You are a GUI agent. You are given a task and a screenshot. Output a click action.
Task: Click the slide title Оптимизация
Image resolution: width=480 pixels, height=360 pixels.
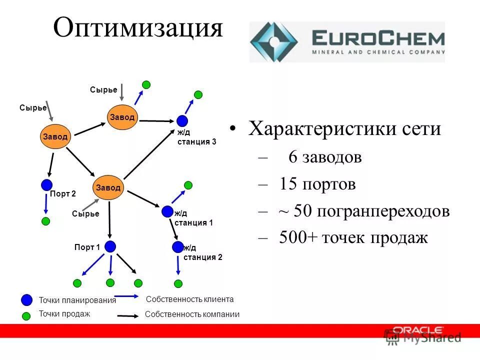(x=137, y=28)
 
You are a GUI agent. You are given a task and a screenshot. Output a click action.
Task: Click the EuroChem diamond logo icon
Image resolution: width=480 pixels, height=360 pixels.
(x=274, y=41)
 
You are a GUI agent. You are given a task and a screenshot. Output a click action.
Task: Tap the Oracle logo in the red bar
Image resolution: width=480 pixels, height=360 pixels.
(x=417, y=330)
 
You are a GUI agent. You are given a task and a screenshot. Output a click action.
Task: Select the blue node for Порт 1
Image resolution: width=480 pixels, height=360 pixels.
(x=110, y=246)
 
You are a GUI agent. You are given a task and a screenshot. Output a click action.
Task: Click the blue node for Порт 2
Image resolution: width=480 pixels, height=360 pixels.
(x=46, y=184)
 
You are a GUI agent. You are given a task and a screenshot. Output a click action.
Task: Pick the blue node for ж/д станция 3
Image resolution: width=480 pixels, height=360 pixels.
(x=182, y=120)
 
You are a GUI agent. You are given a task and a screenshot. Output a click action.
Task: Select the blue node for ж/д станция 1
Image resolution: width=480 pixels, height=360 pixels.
(x=167, y=211)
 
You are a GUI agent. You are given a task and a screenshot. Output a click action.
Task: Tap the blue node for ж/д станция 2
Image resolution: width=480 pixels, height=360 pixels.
(x=177, y=246)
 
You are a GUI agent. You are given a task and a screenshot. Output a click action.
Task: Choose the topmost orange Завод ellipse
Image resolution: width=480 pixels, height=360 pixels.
(x=122, y=117)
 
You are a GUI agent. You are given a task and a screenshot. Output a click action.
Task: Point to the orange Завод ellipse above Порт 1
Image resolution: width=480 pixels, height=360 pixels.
(x=109, y=187)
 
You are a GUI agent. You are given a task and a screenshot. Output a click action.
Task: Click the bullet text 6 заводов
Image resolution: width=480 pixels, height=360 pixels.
(x=324, y=157)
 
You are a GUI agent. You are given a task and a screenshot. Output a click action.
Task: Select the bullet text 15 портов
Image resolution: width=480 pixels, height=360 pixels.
(x=317, y=184)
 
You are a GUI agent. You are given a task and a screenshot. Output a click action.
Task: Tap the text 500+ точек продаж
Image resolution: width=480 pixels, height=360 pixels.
(x=353, y=237)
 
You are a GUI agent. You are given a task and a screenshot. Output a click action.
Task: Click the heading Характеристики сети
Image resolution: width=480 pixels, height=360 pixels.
(x=344, y=129)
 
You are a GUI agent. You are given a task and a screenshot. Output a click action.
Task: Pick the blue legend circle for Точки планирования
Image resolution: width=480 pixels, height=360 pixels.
(x=27, y=300)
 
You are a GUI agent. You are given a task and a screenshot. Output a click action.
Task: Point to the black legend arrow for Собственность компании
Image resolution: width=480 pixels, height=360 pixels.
(x=127, y=316)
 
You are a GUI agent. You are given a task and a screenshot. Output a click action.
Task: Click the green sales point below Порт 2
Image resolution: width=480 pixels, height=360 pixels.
(x=45, y=220)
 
